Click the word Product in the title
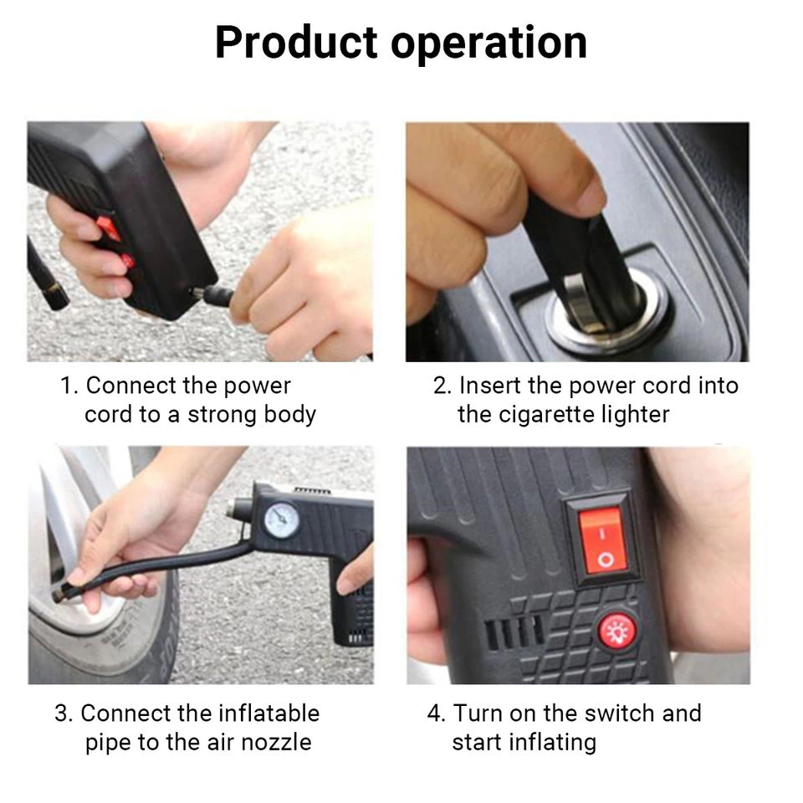(296, 43)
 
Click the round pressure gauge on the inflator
(282, 520)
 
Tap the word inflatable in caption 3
(269, 713)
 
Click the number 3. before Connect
(64, 713)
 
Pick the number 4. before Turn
(437, 713)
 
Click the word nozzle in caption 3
(276, 743)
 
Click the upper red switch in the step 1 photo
(109, 228)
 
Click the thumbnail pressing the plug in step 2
(589, 193)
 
